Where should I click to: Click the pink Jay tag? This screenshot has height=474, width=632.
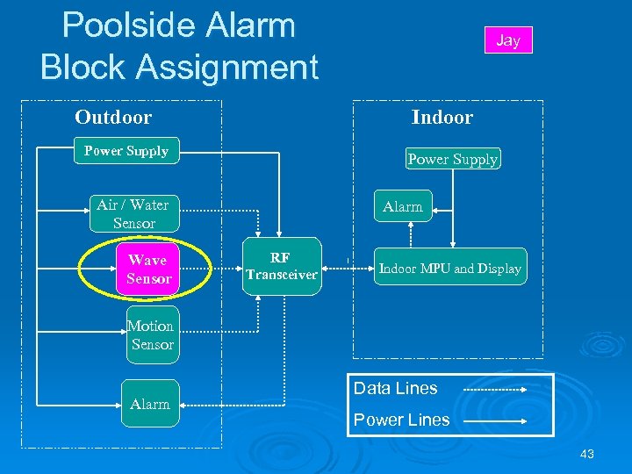(x=508, y=40)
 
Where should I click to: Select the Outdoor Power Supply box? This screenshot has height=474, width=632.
(x=126, y=151)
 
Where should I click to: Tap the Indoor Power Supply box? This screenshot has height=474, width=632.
(x=452, y=159)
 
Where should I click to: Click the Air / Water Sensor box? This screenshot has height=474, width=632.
(x=133, y=214)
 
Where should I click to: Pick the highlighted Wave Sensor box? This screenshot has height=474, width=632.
(x=147, y=269)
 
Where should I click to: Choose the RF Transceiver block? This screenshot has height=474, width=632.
(x=281, y=267)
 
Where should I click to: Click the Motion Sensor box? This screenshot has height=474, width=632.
(x=151, y=335)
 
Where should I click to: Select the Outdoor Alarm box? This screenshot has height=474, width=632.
(x=150, y=404)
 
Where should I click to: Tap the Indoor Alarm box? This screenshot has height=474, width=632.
(x=403, y=207)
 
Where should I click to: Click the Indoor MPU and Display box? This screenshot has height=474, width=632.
(x=449, y=269)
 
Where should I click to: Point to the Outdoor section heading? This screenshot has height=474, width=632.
(x=113, y=118)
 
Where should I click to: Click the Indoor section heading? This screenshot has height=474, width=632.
(x=442, y=118)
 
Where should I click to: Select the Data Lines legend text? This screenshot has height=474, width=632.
(x=395, y=388)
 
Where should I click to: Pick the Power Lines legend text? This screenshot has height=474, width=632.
(x=401, y=420)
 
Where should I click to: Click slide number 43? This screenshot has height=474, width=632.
(x=587, y=454)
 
